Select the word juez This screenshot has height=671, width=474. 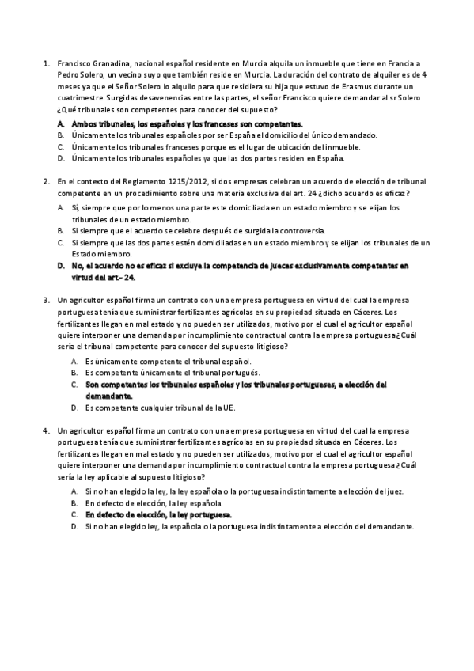[x=393, y=491]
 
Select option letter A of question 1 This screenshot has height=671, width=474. [x=61, y=124]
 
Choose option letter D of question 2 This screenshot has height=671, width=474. [x=61, y=267]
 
